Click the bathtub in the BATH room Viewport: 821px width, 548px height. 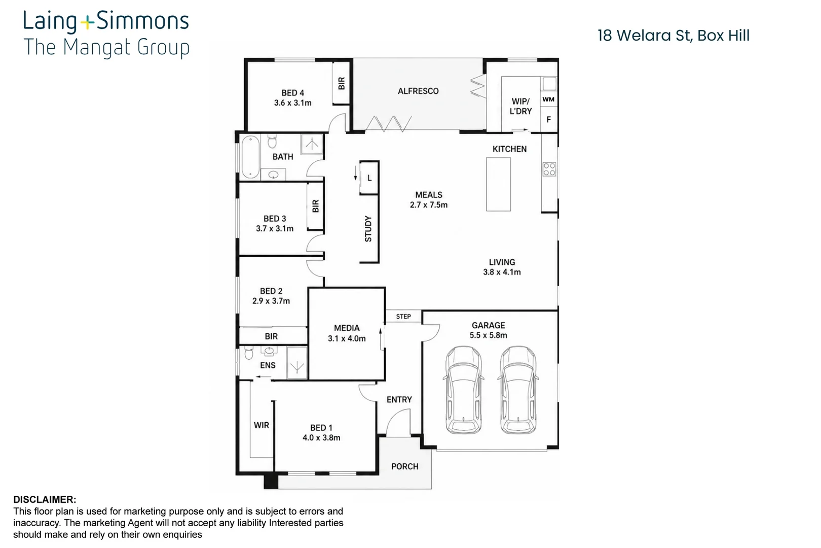[251, 157]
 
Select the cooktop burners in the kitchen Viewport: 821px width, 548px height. [549, 169]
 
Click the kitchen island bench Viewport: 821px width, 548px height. [498, 184]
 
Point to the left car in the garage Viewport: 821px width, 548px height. [464, 390]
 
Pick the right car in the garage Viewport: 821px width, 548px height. [518, 390]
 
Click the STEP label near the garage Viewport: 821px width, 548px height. [403, 317]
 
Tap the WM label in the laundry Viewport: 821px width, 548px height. [548, 99]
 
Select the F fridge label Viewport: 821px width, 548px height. [549, 119]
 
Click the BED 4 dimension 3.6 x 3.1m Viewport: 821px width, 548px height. [292, 103]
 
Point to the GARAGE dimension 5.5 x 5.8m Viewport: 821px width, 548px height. [488, 335]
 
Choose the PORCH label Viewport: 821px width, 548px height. [404, 466]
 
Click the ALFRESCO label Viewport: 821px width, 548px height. [418, 91]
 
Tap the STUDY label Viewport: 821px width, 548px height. [368, 229]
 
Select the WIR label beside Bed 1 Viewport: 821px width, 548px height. [262, 425]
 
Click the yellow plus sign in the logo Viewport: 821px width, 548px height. [87, 23]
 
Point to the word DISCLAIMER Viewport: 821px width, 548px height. [45, 500]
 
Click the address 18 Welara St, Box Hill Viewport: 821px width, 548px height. [674, 36]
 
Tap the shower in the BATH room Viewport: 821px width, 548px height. [312, 144]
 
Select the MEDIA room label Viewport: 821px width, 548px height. [347, 328]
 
